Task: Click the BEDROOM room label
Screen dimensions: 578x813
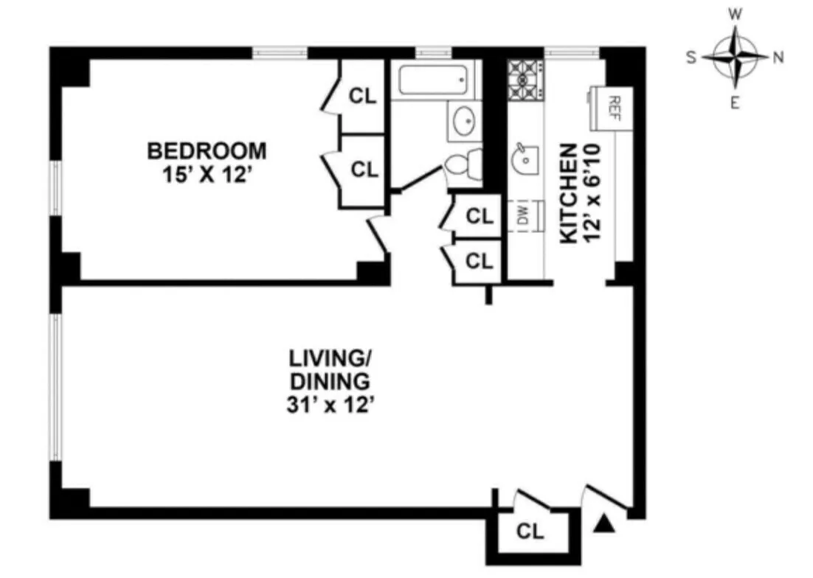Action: tap(207, 151)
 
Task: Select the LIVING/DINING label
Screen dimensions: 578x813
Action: tap(328, 370)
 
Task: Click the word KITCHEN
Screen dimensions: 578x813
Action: tap(568, 193)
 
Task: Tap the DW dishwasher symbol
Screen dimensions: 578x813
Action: tap(522, 216)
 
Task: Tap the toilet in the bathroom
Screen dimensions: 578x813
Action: tap(463, 167)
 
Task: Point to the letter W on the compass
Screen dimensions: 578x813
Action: tap(736, 14)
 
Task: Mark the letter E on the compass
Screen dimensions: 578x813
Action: tap(735, 102)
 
